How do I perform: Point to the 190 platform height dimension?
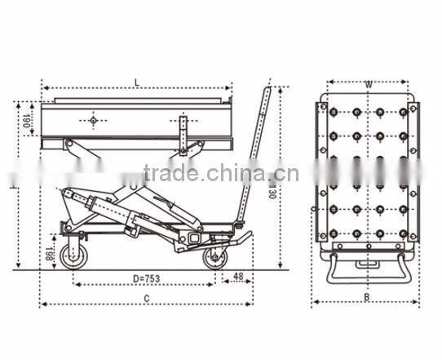click(x=26, y=121)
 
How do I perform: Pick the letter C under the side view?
click(x=146, y=299)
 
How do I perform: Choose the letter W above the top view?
click(x=369, y=83)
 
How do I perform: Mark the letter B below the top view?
click(x=366, y=298)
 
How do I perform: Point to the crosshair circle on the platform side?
click(x=94, y=122)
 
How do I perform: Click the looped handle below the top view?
click(x=367, y=269)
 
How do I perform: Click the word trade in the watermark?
click(x=170, y=173)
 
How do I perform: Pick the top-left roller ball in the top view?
click(x=334, y=112)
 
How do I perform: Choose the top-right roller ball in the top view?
click(x=403, y=112)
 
